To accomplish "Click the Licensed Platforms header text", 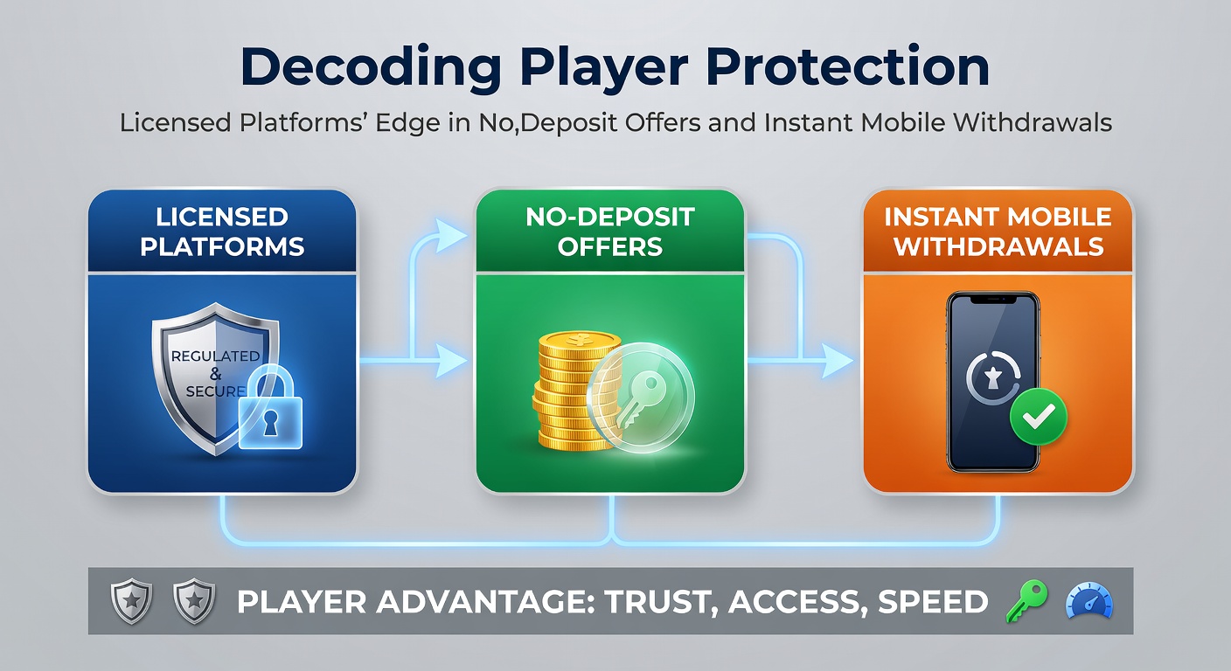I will pyautogui.click(x=222, y=231).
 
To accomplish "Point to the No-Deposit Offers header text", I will pyautogui.click(x=610, y=231).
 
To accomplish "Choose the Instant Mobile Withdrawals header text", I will pyautogui.click(x=998, y=231).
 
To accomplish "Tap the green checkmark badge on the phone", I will pyautogui.click(x=1038, y=418).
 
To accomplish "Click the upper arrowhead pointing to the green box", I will pyautogui.click(x=451, y=234).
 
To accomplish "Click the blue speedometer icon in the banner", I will pyautogui.click(x=1089, y=602).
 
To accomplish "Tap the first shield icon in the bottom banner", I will pyautogui.click(x=132, y=602).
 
